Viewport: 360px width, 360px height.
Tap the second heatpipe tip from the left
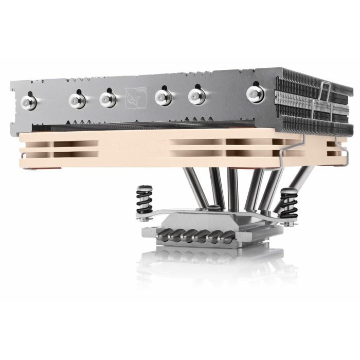tap(77, 99)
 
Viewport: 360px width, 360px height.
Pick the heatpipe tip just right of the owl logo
tap(163, 96)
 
